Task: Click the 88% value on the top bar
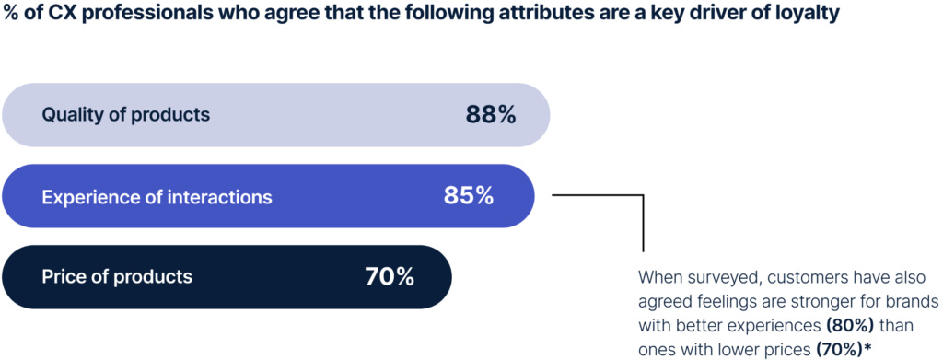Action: (x=491, y=115)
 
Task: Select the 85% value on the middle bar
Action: (x=469, y=196)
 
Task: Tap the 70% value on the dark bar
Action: (x=390, y=276)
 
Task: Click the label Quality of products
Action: (x=126, y=115)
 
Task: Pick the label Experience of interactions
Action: (x=157, y=196)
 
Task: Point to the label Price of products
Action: (x=117, y=276)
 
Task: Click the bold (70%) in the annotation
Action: (x=839, y=349)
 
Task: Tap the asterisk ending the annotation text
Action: (x=867, y=347)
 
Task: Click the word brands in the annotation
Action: (x=912, y=301)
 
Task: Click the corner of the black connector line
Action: (x=642, y=195)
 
